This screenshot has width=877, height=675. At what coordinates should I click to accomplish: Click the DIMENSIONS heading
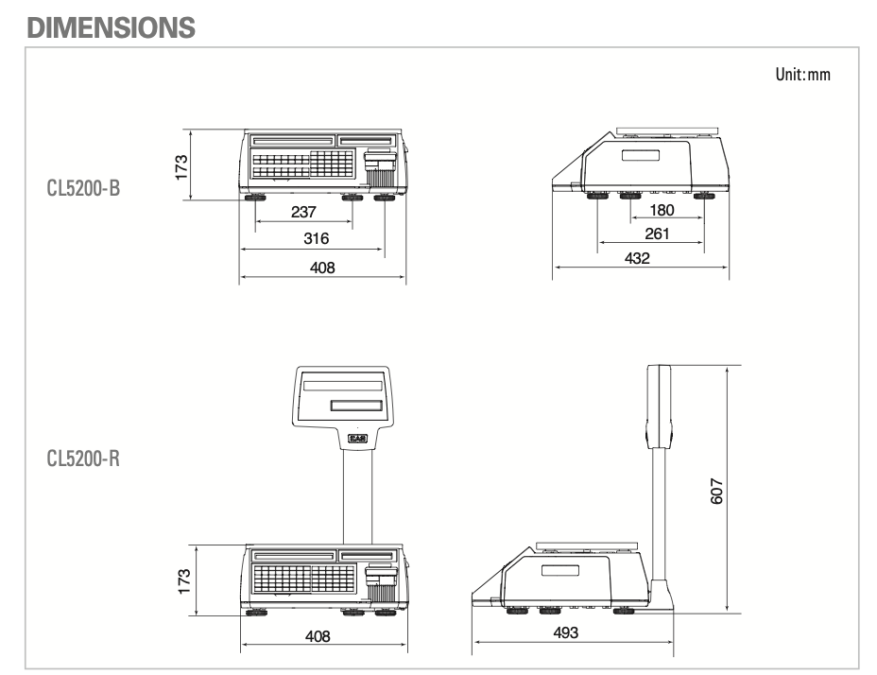(112, 27)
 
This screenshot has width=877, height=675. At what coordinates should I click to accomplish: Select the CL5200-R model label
(84, 459)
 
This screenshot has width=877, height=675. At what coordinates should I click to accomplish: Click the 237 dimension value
(303, 213)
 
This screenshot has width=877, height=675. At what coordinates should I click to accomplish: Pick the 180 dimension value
(662, 210)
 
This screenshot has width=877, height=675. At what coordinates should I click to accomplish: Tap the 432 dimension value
(637, 258)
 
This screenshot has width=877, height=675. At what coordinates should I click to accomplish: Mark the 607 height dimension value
(717, 489)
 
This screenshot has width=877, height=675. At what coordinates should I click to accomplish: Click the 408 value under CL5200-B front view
(322, 268)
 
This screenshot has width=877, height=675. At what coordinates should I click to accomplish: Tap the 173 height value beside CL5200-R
(183, 578)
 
